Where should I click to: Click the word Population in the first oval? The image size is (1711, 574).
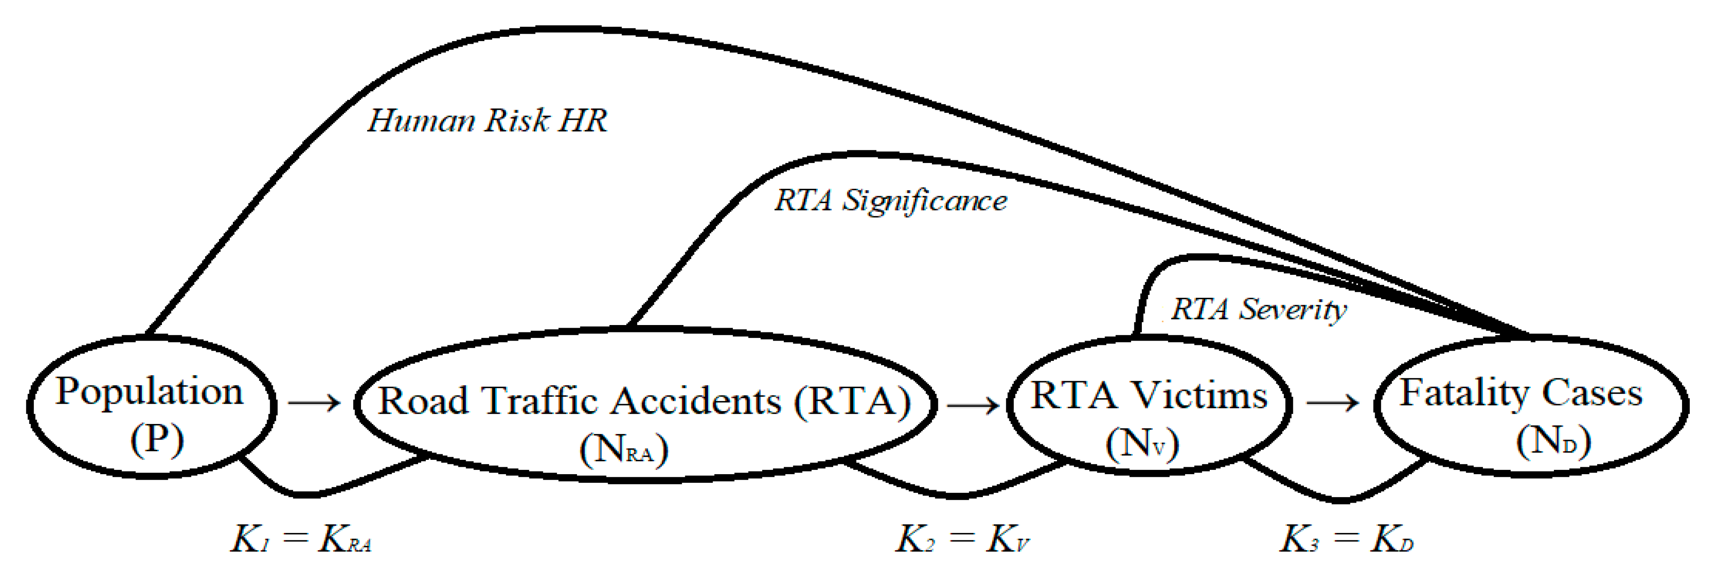click(149, 392)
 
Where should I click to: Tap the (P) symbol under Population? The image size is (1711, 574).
click(157, 439)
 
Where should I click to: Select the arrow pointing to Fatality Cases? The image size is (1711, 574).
click(1332, 402)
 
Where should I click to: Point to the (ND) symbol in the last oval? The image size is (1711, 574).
click(1553, 440)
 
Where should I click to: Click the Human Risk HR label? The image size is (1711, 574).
click(487, 121)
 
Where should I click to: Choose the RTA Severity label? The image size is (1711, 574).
click(1258, 309)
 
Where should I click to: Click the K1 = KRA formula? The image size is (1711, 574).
click(301, 539)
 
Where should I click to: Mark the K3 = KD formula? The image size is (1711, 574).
click(1347, 539)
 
